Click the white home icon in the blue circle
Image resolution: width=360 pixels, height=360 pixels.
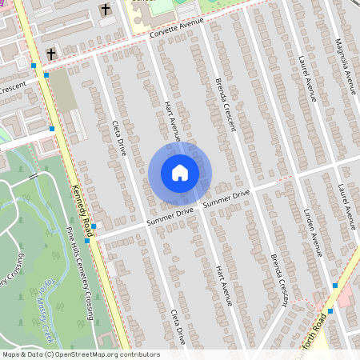click(179, 172)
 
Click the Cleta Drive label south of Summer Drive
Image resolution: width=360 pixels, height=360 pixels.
click(178, 324)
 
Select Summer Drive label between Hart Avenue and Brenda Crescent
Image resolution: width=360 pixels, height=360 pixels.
click(226, 198)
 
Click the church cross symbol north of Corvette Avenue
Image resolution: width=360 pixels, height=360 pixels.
click(105, 9)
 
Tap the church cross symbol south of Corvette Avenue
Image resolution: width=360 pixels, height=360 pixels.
click(50, 54)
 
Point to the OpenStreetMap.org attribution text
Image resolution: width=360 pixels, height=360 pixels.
click(104, 354)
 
